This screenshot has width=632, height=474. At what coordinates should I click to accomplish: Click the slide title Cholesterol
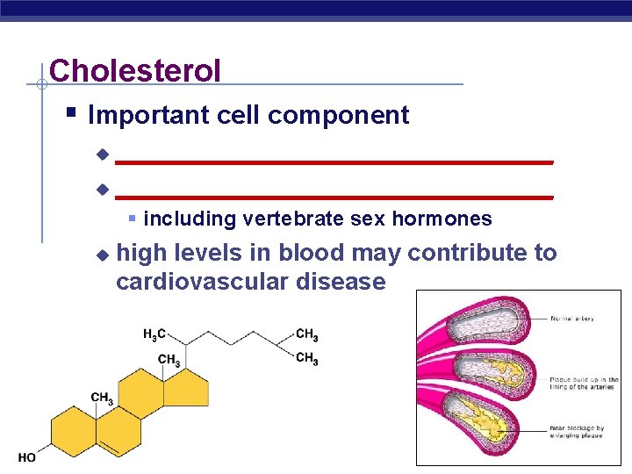point(135,70)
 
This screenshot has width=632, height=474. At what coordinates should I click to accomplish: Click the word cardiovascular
point(212,282)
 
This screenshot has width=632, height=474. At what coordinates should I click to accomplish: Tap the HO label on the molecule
point(26,457)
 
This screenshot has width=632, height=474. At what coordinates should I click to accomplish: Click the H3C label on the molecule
point(154,334)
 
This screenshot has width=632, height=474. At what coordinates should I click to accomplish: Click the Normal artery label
point(573,319)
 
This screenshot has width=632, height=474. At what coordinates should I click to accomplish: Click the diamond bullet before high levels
point(102,255)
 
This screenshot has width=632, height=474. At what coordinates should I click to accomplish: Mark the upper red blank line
point(334,162)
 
